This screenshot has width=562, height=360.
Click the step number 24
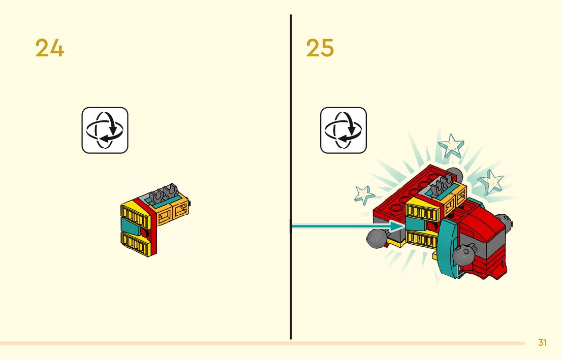click(x=50, y=48)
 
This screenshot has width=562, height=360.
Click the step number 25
click(x=320, y=48)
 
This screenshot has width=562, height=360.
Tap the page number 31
click(x=542, y=343)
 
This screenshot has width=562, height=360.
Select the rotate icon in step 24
click(x=105, y=130)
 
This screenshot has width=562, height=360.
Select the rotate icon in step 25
click(x=343, y=130)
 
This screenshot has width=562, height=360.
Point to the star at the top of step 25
click(x=451, y=146)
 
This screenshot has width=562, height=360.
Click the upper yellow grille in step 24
click(x=135, y=215)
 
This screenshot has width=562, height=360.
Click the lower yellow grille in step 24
click(x=135, y=243)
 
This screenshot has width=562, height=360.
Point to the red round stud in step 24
click(x=147, y=234)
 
